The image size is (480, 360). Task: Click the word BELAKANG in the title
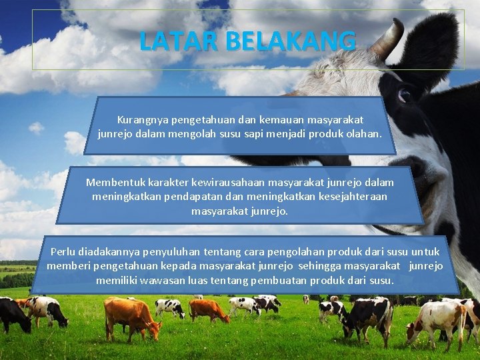[291, 41]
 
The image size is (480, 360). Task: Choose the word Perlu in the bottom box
[63, 252]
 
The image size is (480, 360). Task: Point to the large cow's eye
[404, 95]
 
